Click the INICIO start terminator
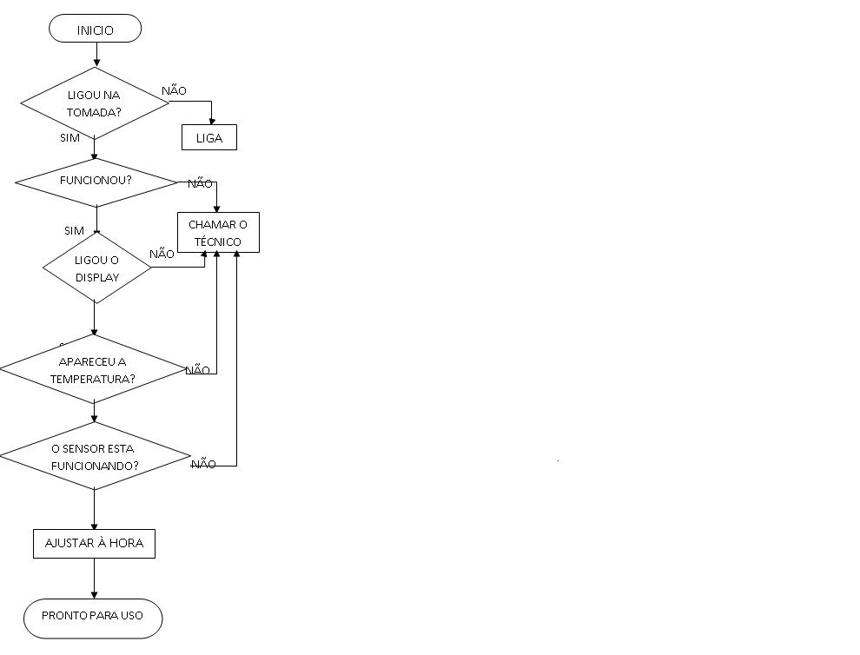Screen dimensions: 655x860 point(95,29)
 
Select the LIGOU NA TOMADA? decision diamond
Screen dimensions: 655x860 point(94,103)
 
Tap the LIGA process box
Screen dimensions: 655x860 point(209,137)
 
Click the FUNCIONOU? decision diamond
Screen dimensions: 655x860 point(96,182)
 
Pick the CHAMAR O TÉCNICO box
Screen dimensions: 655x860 point(218,233)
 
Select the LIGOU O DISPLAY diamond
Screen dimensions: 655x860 point(96,268)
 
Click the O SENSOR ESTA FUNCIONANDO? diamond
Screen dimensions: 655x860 point(94,457)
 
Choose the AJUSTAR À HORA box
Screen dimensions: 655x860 point(94,544)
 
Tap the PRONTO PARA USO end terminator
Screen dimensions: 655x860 point(93,616)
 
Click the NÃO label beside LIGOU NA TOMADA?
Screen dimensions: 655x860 point(174,90)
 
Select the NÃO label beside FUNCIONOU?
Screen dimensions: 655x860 point(200,183)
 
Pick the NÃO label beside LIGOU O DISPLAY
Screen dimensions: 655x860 point(162,254)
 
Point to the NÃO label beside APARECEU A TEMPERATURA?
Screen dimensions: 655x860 point(198,370)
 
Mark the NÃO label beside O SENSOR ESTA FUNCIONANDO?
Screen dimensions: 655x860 point(203,465)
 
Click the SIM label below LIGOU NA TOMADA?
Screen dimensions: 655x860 point(69,137)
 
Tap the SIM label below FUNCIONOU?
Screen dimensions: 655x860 point(74,230)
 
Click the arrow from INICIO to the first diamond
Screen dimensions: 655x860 point(96,55)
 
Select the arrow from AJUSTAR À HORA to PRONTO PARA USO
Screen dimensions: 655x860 point(94,578)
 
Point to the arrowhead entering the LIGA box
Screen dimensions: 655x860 point(212,121)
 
